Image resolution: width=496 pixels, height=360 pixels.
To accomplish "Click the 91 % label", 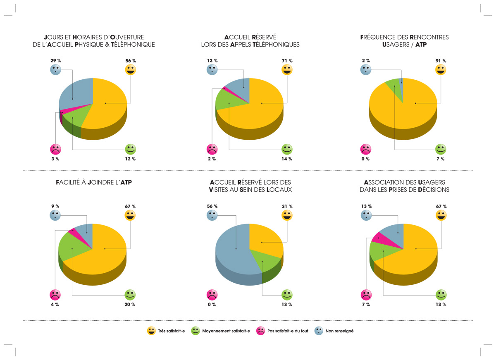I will [x=441, y=61].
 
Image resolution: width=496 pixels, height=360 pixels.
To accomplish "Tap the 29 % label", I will [x=55, y=61].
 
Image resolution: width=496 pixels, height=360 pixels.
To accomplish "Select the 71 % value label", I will [x=287, y=61].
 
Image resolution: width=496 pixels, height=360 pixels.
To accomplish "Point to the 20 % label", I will [x=131, y=305].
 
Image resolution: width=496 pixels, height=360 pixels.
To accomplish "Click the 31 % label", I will [x=287, y=206].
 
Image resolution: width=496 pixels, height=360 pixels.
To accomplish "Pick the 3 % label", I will [x=55, y=159].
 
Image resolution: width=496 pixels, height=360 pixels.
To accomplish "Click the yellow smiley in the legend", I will [x=152, y=331].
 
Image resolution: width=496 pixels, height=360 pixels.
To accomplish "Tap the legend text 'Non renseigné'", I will [x=339, y=331].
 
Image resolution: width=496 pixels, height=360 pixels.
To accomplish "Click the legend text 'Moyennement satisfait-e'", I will [x=226, y=331].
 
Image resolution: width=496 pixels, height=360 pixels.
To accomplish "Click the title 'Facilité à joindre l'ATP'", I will [x=93, y=182].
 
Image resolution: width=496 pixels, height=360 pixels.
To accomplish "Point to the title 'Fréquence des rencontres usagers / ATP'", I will [x=404, y=41].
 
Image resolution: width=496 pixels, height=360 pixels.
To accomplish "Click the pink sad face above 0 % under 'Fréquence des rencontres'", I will [x=366, y=149].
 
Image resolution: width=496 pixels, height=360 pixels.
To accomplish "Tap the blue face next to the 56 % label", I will [x=212, y=215].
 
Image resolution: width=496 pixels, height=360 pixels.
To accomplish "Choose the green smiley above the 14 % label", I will [x=287, y=149].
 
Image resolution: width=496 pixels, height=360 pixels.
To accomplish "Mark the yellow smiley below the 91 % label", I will [x=441, y=70].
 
